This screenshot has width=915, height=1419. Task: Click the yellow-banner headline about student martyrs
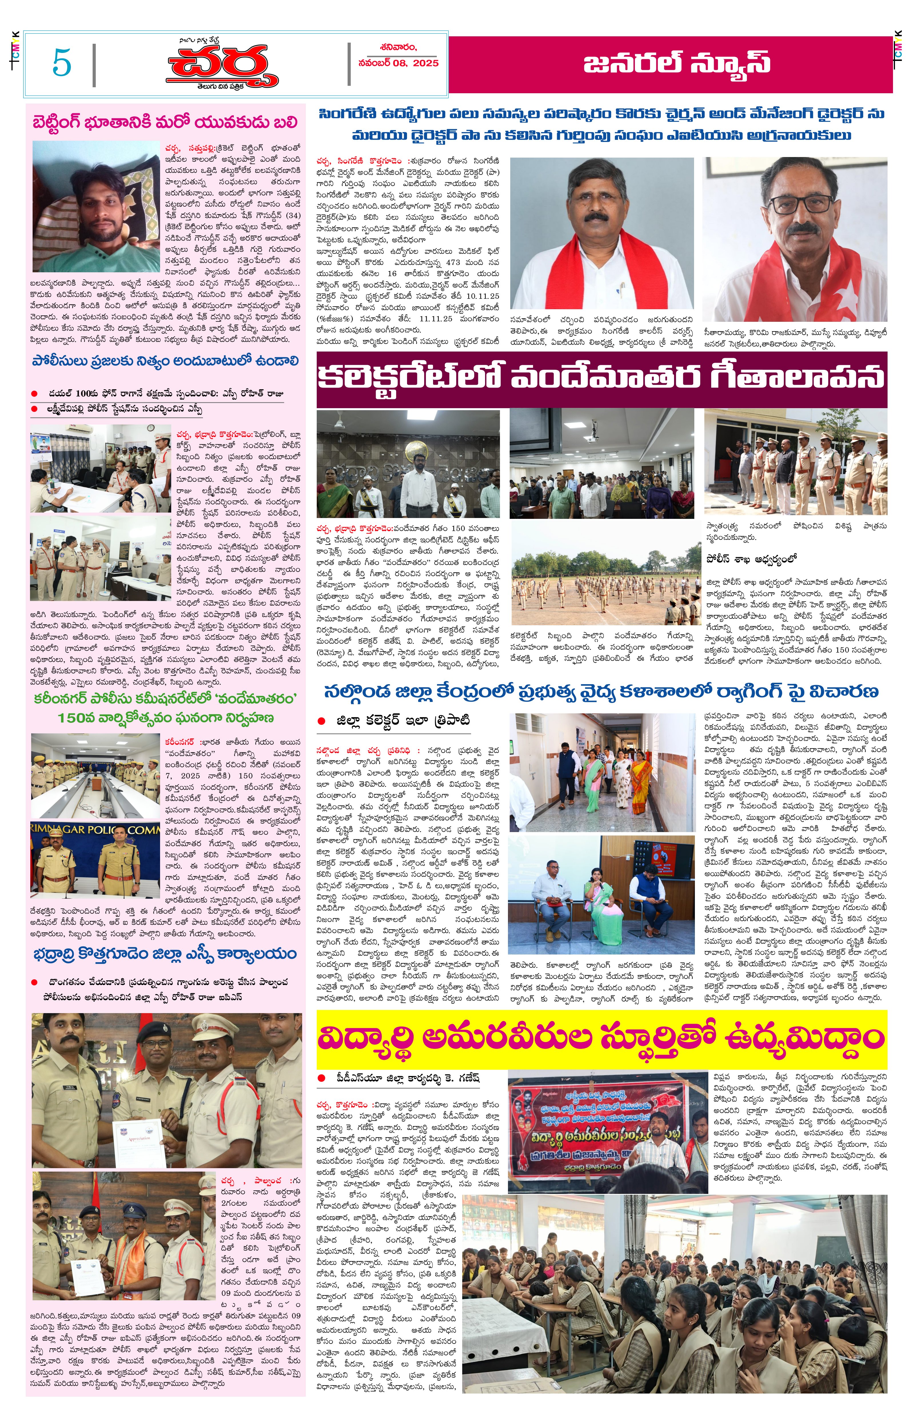[x=601, y=1038]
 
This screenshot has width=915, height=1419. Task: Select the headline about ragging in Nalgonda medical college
[x=601, y=691]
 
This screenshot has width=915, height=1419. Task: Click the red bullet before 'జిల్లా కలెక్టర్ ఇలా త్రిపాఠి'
[x=322, y=721]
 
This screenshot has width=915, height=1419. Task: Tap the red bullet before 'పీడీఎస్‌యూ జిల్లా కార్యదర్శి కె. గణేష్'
[x=322, y=1078]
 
